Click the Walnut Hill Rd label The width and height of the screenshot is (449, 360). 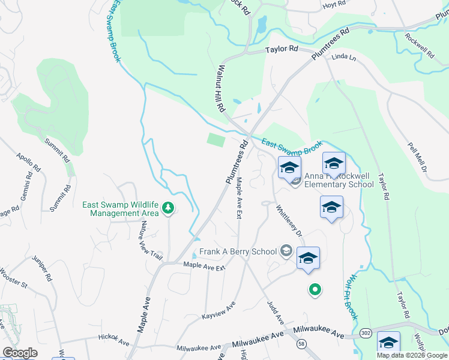(x=221, y=90)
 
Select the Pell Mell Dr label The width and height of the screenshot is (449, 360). (x=416, y=158)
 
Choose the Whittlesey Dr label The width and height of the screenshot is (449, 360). (x=289, y=220)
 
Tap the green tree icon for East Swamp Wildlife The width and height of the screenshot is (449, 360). (x=169, y=208)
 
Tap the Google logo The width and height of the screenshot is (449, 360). (x=19, y=353)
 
